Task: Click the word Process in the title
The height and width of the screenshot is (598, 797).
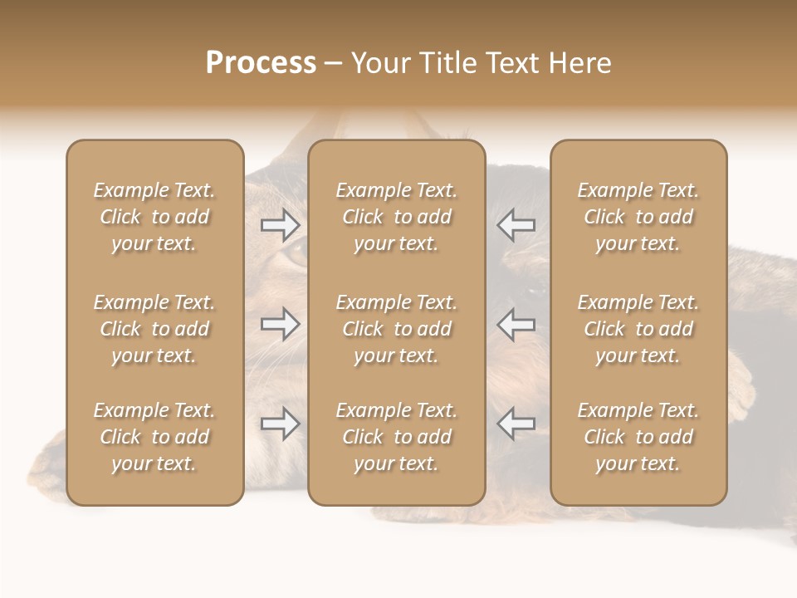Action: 261,63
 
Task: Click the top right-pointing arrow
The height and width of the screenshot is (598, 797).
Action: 281,224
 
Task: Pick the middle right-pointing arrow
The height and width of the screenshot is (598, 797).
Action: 281,323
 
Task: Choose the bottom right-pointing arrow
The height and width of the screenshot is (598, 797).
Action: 281,424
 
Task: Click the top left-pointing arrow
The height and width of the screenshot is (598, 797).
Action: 516,224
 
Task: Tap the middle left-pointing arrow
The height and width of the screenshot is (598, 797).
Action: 516,323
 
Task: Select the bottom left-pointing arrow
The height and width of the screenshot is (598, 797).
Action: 516,424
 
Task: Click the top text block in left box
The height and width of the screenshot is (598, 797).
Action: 154,217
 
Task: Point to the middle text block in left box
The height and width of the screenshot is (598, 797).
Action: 154,329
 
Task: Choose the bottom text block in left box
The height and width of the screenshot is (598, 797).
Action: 154,437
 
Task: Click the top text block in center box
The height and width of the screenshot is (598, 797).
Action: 396,217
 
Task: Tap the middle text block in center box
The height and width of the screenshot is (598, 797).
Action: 396,329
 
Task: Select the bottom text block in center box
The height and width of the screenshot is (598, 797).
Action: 396,437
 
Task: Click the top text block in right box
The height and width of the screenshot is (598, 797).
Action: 638,217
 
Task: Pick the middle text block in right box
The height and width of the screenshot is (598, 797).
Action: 638,329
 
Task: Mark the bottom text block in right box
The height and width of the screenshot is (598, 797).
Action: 638,437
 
